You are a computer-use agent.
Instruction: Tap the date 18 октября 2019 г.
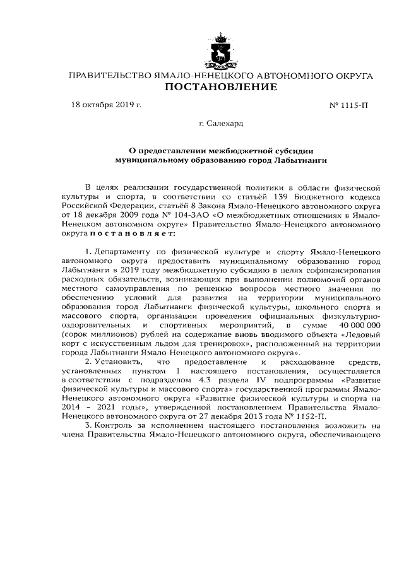(x=106, y=105)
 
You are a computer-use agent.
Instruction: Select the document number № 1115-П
(x=349, y=105)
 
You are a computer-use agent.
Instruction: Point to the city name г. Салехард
(x=220, y=124)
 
